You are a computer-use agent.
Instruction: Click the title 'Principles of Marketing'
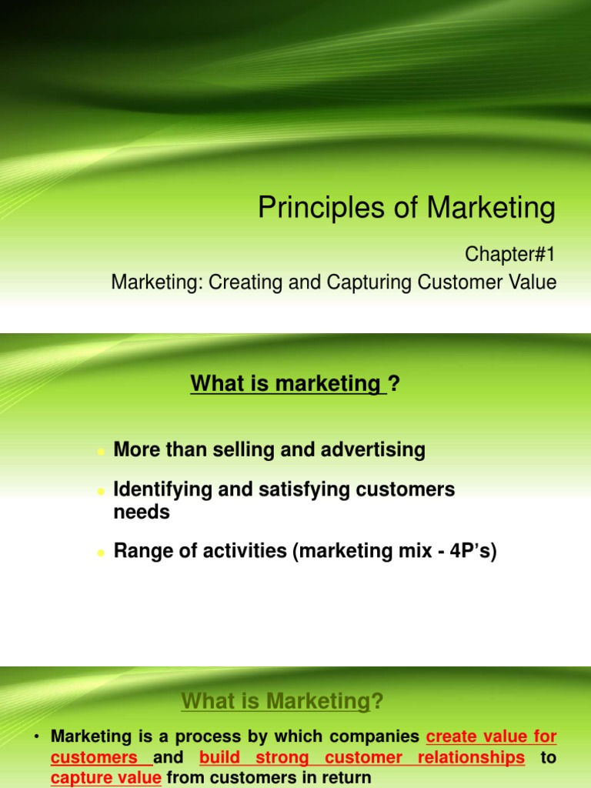click(406, 208)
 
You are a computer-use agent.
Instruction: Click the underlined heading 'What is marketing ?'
click(295, 382)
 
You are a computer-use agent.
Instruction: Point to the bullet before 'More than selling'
click(100, 452)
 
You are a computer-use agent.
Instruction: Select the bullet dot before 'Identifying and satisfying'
click(100, 491)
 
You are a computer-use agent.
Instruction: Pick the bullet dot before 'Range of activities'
click(100, 553)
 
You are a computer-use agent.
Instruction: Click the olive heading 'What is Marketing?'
click(282, 701)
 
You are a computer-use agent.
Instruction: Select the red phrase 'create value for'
click(491, 736)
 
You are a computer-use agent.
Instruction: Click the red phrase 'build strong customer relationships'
click(362, 757)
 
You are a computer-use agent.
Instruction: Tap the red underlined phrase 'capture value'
click(106, 778)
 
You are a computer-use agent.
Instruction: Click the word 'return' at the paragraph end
click(345, 778)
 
